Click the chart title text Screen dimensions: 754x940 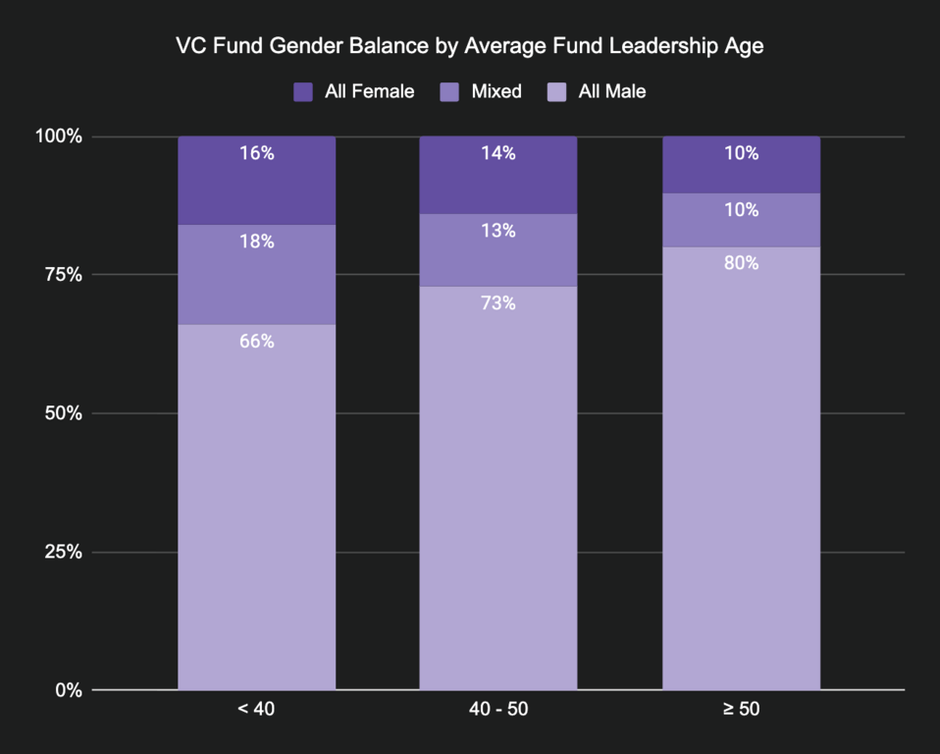(x=469, y=46)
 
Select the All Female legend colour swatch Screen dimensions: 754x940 (x=303, y=92)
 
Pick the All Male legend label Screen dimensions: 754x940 (x=612, y=92)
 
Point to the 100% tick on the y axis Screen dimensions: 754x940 (x=59, y=136)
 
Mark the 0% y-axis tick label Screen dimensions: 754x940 (x=68, y=690)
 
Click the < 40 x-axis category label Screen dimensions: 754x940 (x=256, y=709)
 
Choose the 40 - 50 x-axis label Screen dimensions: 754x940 (x=497, y=709)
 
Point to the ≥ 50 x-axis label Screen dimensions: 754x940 (x=741, y=709)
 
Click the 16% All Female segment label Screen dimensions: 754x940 (x=256, y=153)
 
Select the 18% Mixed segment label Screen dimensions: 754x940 (x=256, y=242)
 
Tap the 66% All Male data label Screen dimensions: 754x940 (x=256, y=342)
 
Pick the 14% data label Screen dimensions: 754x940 (x=497, y=153)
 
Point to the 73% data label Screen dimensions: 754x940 (x=497, y=303)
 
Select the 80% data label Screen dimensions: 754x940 (x=741, y=263)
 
